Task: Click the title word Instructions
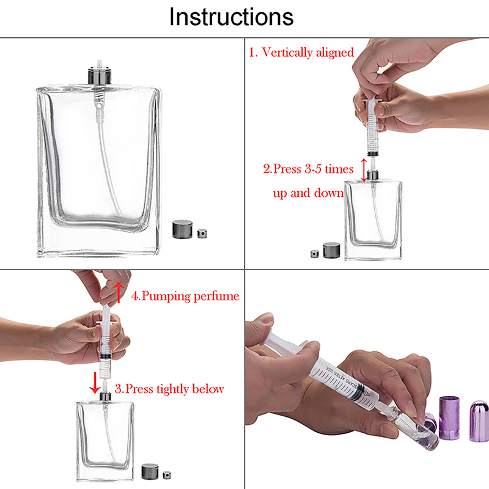pyautogui.click(x=231, y=17)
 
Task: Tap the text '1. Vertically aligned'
pyautogui.click(x=301, y=53)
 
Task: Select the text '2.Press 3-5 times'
pyautogui.click(x=308, y=169)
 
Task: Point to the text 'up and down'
pyautogui.click(x=308, y=193)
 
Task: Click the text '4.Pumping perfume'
pyautogui.click(x=185, y=296)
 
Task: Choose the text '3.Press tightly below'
pyautogui.click(x=169, y=389)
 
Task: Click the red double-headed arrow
pyautogui.click(x=364, y=170)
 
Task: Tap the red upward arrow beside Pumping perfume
pyautogui.click(x=119, y=292)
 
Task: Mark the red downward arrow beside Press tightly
pyautogui.click(x=95, y=383)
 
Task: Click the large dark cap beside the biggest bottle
pyautogui.click(x=182, y=229)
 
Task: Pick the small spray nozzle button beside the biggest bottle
pyautogui.click(x=202, y=233)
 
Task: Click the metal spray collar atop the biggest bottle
pyautogui.click(x=100, y=75)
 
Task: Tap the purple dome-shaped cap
pyautogui.click(x=479, y=421)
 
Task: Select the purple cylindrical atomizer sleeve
pyautogui.click(x=449, y=417)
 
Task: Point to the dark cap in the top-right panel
pyautogui.click(x=331, y=250)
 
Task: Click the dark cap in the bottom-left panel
pyautogui.click(x=150, y=471)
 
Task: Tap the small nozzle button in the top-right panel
pyautogui.click(x=315, y=254)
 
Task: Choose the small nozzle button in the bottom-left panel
pyautogui.click(x=167, y=475)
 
